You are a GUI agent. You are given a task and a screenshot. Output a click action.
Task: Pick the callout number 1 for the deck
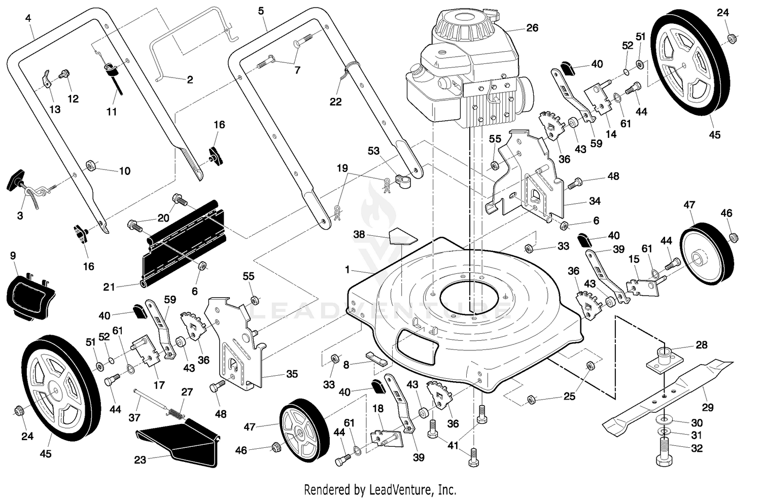click(x=347, y=270)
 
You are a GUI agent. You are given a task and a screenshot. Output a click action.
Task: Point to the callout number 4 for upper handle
click(x=28, y=18)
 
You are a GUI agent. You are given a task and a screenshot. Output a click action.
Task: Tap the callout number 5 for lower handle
click(x=261, y=11)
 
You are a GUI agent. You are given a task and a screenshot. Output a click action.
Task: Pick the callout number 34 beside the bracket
click(x=595, y=201)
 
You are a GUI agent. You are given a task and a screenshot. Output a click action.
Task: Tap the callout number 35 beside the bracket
click(x=292, y=374)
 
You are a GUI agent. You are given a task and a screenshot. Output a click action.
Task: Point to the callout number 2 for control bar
click(x=190, y=80)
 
